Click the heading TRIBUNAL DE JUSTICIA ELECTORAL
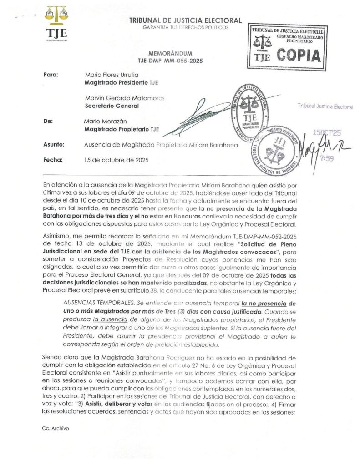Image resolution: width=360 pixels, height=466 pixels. (186, 20)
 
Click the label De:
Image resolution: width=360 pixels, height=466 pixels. (48, 122)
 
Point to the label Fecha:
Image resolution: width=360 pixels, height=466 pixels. (52, 160)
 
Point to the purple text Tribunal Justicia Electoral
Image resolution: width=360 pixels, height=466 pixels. (325, 106)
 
